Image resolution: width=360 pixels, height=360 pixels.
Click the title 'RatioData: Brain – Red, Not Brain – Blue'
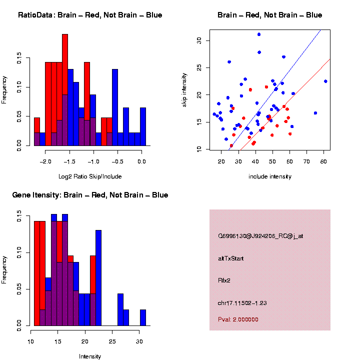(90, 15)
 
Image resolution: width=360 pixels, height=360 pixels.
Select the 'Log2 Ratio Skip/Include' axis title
(90, 176)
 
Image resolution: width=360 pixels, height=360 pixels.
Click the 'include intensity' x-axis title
(270, 176)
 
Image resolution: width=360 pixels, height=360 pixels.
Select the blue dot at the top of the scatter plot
(259, 34)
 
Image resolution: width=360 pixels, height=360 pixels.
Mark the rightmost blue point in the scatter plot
(325, 81)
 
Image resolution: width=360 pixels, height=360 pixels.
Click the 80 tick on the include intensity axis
(323, 161)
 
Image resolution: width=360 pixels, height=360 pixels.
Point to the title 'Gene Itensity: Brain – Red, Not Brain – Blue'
(90, 195)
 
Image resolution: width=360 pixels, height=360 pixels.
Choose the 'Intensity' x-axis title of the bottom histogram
(90, 356)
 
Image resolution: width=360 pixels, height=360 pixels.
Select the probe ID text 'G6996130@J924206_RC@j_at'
(260, 236)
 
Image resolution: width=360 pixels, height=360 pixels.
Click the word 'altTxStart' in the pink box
(231, 258)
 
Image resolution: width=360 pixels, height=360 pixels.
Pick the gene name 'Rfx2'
(224, 280)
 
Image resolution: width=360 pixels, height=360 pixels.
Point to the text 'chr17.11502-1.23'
(240, 303)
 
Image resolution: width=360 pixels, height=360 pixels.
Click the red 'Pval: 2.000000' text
(238, 319)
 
